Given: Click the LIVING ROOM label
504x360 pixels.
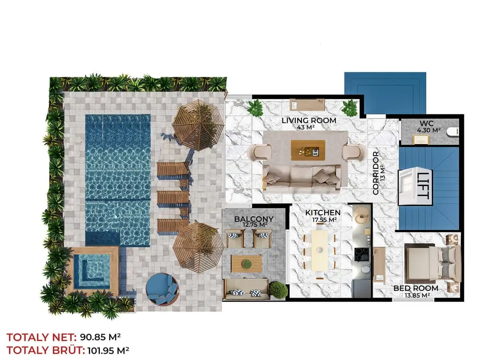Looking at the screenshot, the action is click(x=309, y=120).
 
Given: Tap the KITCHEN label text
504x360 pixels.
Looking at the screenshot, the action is click(x=323, y=213).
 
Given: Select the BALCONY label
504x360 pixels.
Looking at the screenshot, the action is click(x=254, y=219).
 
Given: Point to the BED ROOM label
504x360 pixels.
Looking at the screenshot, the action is click(x=416, y=288).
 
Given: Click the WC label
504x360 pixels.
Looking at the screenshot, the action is click(x=427, y=124).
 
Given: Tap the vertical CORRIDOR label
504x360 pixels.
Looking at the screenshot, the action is click(x=375, y=173).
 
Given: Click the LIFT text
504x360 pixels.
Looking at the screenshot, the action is click(x=423, y=186).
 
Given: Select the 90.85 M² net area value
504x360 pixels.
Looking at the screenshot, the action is click(x=100, y=337).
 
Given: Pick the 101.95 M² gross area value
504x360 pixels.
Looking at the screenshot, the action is click(x=108, y=350).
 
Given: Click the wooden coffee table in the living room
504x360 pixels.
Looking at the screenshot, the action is click(x=308, y=150).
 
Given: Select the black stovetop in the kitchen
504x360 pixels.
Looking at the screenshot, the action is click(x=362, y=254).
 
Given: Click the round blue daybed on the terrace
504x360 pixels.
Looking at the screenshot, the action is click(x=162, y=289).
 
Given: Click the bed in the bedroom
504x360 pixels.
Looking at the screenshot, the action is click(x=432, y=263).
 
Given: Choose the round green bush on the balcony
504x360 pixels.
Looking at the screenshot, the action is click(x=278, y=289).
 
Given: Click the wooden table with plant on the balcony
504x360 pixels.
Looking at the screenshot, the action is click(x=247, y=264).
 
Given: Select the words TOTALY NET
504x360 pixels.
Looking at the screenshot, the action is click(x=42, y=337).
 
